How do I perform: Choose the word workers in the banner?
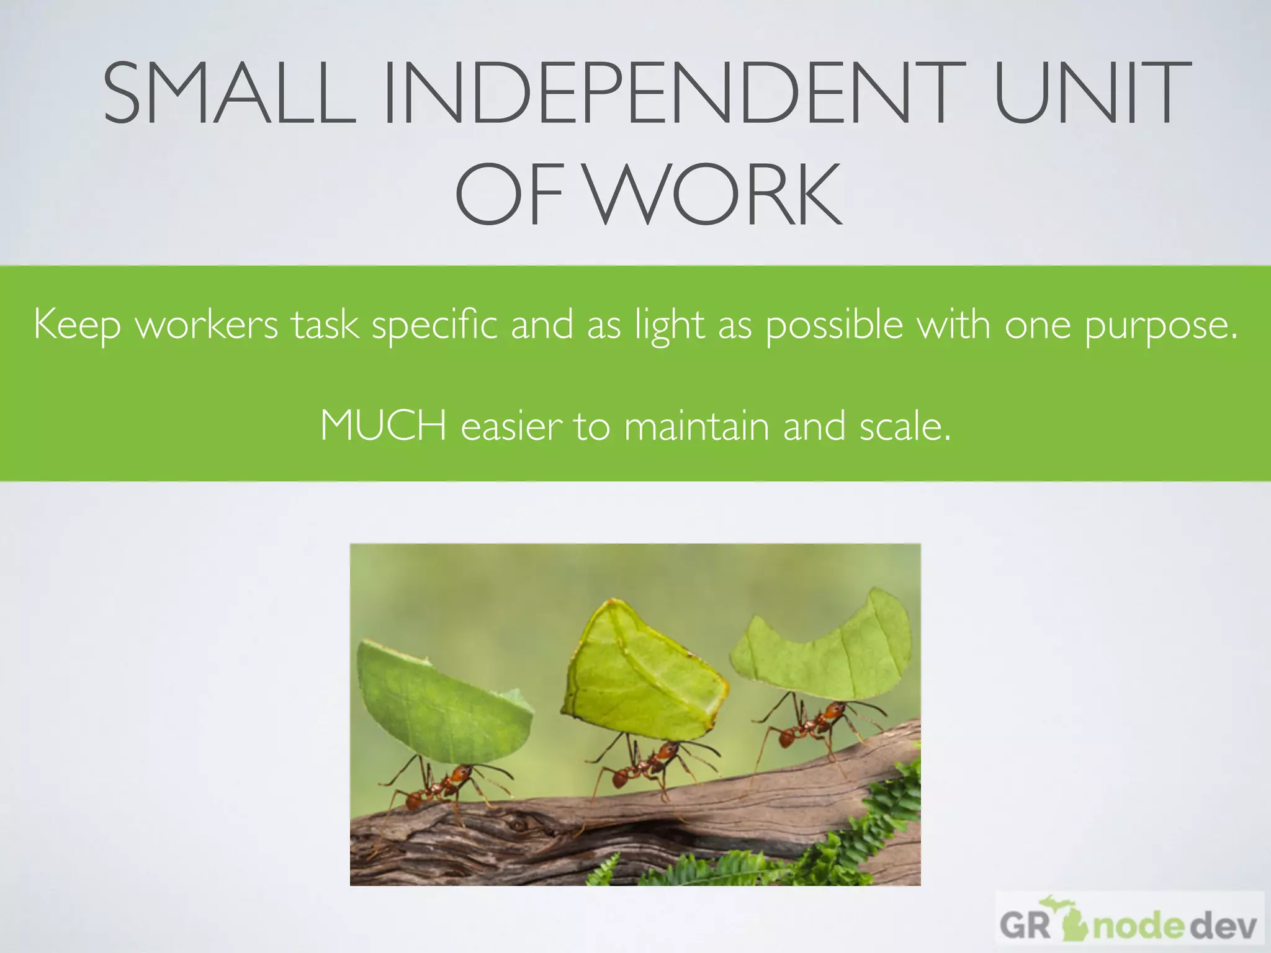207,325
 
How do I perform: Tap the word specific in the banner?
434,325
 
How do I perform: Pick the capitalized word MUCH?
383,427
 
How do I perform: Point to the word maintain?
696,427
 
